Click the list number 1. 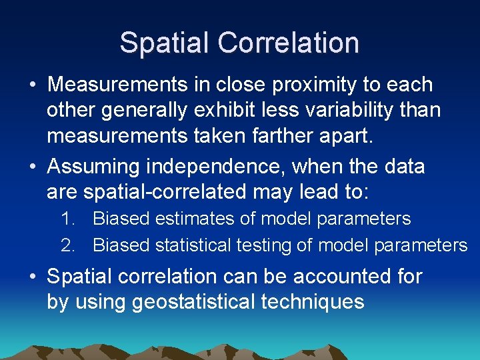tap(67, 219)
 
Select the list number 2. tap(67, 246)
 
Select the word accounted tap(317, 276)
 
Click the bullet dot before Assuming tap(32, 167)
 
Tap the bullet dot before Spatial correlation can tap(32, 277)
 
